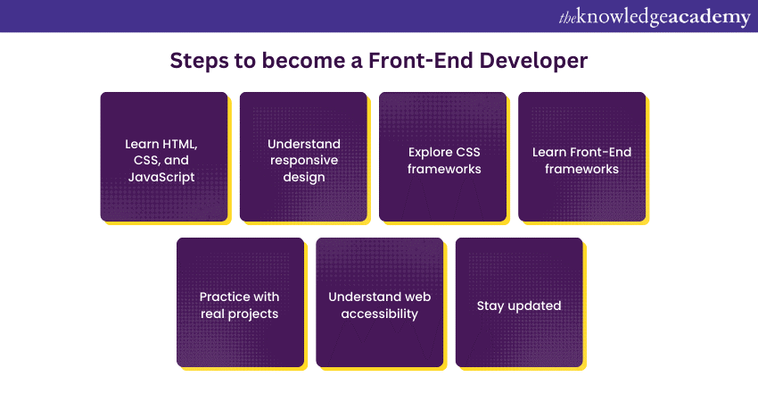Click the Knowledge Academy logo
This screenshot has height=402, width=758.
coord(654,17)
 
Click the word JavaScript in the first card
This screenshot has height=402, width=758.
coord(163,176)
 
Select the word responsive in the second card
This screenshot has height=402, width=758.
coord(304,160)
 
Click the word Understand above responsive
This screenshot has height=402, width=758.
coord(304,144)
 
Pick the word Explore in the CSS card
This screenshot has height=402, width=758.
coord(429,152)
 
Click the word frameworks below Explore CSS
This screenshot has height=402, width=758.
coord(443,168)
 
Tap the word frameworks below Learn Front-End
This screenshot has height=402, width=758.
coord(582,168)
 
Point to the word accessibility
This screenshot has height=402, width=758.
coord(380,313)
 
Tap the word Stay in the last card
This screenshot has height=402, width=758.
coord(490,306)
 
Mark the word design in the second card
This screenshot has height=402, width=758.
coord(304,176)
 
